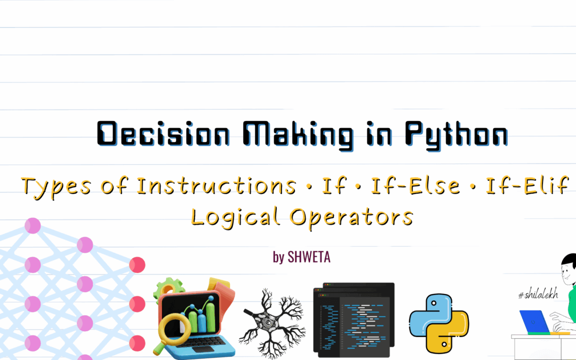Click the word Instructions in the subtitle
coord(217,186)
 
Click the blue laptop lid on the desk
coord(534,321)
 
